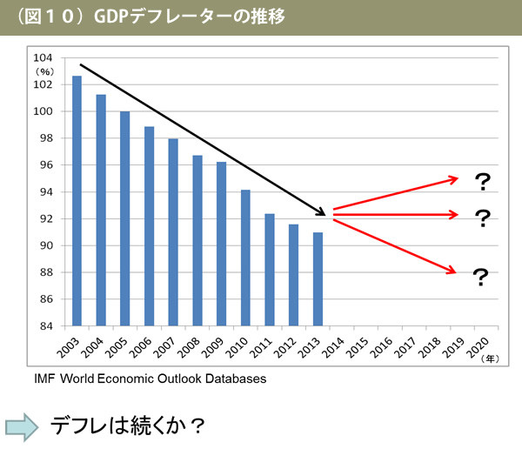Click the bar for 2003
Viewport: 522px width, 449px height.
[x=77, y=200]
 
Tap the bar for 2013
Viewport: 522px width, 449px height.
[x=318, y=278]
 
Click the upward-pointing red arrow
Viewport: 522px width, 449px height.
[x=396, y=193]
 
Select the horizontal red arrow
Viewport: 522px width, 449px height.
[x=396, y=214]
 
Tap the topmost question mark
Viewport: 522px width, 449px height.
[x=482, y=182]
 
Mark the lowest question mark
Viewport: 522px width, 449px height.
[x=479, y=278]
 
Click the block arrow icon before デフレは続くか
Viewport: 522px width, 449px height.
[x=23, y=426]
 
